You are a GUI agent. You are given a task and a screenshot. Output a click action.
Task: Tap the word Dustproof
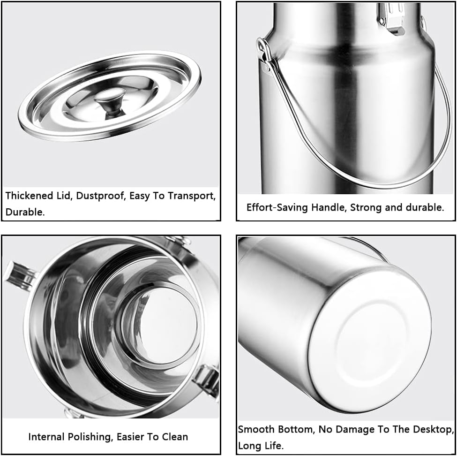click(x=90, y=196)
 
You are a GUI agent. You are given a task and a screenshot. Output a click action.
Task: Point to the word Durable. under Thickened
click(x=25, y=212)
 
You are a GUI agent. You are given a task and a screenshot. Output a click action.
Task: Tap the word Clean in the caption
click(x=174, y=437)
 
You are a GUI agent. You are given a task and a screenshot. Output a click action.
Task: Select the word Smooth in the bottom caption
click(x=255, y=429)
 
